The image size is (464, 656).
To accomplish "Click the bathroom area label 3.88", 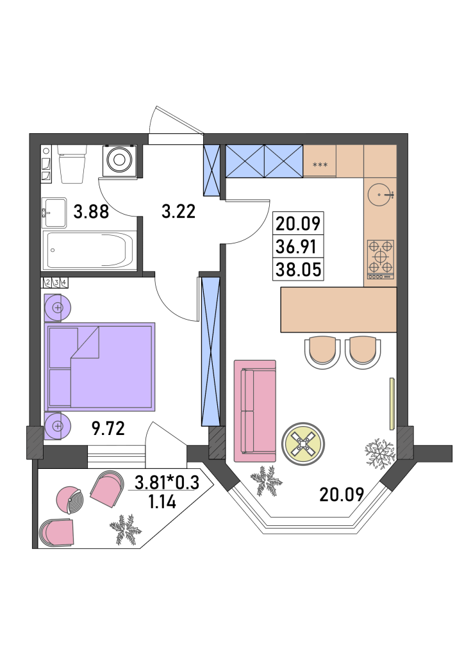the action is (91, 211).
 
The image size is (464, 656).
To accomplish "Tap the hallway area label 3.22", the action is (179, 211).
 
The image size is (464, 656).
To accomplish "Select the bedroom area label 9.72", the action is (108, 429).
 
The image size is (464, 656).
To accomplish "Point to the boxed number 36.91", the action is (298, 247).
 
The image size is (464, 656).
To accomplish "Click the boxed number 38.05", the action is (298, 269).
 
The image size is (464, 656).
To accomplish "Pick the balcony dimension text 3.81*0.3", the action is (167, 483).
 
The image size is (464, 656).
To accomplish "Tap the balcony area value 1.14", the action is (162, 501).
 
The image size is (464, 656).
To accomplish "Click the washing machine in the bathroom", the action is (119, 160).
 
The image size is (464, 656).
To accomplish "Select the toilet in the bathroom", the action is (72, 164).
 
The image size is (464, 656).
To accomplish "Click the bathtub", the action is (90, 250).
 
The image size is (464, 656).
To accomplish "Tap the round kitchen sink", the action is (381, 195).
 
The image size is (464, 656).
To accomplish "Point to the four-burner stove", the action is (381, 259).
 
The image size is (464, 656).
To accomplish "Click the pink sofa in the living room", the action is (255, 411).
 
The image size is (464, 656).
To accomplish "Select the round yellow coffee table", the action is (303, 443).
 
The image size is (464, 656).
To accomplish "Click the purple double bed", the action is (100, 366).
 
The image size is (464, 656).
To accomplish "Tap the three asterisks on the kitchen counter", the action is (320, 165).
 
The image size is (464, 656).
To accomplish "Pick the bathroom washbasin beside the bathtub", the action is (54, 213).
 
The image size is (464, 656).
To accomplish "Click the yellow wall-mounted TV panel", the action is (392, 404).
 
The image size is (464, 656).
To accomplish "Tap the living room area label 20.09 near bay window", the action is (342, 495).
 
